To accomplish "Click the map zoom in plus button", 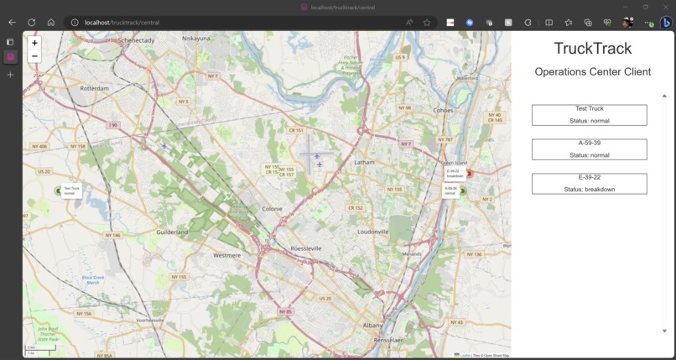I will pos(34,42).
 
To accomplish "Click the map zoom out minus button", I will pos(34,56).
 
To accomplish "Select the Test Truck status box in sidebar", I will pos(589,115).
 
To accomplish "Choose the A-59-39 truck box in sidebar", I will pos(589,149).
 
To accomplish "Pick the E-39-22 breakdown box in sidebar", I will pos(589,184).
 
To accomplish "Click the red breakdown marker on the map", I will pos(469,174).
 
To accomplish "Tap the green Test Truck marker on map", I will pos(59,190).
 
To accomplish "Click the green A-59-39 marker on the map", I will pos(462,190).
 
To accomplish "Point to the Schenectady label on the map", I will pos(137,39).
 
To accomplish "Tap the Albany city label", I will pos(372,325).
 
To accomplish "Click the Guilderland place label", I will pos(172,232).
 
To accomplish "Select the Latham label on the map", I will pos(364,162).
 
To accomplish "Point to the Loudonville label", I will pos(373,232).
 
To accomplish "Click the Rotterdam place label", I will pos(94,87).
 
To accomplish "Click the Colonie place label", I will pos(272,209).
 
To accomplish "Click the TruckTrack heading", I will pos(592,49).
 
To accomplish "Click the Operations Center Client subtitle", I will pos(592,72).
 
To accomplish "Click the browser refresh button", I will pos(31,23).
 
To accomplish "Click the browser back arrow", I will pos(12,23).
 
